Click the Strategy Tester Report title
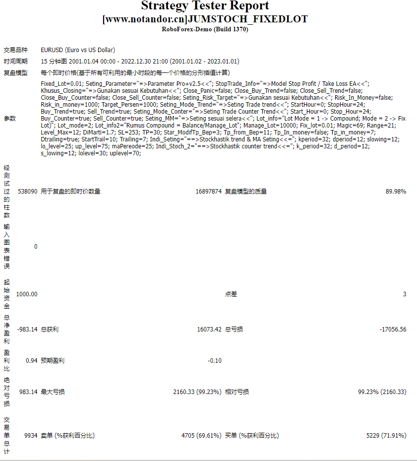[205, 6]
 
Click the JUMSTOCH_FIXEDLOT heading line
[205, 19]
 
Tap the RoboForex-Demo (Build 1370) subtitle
[205, 29]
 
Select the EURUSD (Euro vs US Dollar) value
[78, 50]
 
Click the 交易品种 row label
[16, 50]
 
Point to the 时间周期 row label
[16, 62]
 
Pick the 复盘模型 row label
[16, 73]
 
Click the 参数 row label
[10, 119]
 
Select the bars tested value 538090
[27, 192]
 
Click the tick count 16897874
[208, 192]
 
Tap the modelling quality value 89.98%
[396, 192]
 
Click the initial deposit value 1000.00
[27, 294]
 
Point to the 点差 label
[231, 294]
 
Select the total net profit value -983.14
[27, 329]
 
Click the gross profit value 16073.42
[209, 329]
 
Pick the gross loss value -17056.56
[393, 329]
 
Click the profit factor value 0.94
[31, 361]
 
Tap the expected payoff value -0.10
[214, 361]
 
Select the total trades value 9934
[31, 436]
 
